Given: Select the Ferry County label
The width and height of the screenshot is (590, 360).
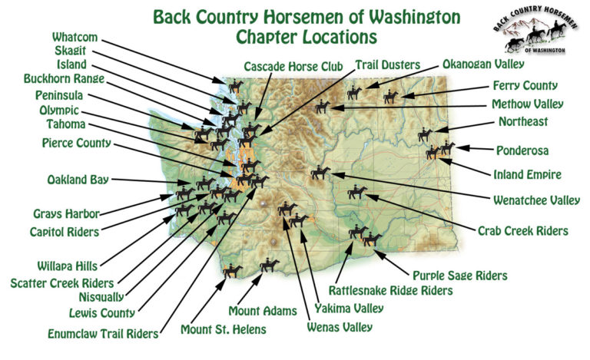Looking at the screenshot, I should pyautogui.click(x=525, y=86).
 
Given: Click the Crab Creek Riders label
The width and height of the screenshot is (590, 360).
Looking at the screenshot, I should pyautogui.click(x=523, y=230).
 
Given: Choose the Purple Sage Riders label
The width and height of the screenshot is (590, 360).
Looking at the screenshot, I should pyautogui.click(x=460, y=275).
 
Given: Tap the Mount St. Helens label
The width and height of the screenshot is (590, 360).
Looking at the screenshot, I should pyautogui.click(x=224, y=330).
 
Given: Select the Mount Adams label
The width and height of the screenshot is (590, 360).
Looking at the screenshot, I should pyautogui.click(x=263, y=311).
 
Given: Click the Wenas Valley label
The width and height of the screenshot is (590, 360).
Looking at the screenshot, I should pyautogui.click(x=338, y=327).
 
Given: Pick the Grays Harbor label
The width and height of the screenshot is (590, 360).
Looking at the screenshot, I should pyautogui.click(x=63, y=213).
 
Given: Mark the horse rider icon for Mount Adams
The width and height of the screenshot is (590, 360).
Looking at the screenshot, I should pyautogui.click(x=269, y=265).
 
